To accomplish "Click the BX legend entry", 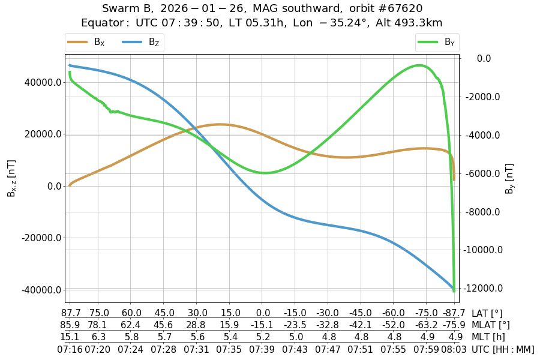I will (86, 42).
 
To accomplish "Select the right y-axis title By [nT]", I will (510, 178).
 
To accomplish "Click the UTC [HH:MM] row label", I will (503, 349).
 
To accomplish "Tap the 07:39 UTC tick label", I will (263, 349).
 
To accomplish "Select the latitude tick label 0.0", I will (263, 313).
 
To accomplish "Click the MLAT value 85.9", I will (70, 325).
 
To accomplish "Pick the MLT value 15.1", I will (70, 337).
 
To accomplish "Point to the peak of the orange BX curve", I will (220, 124).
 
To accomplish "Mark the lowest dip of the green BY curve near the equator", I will (265, 173).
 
